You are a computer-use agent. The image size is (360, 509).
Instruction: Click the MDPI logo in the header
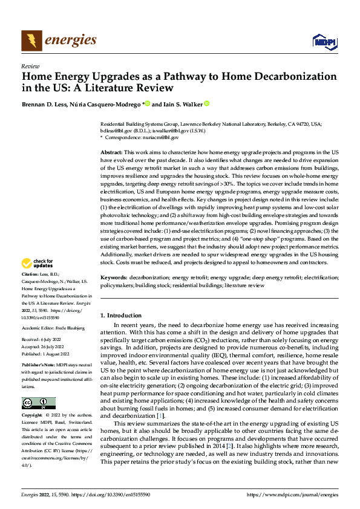(x=323, y=41)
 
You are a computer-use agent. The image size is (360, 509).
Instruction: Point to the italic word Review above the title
(x=30, y=66)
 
